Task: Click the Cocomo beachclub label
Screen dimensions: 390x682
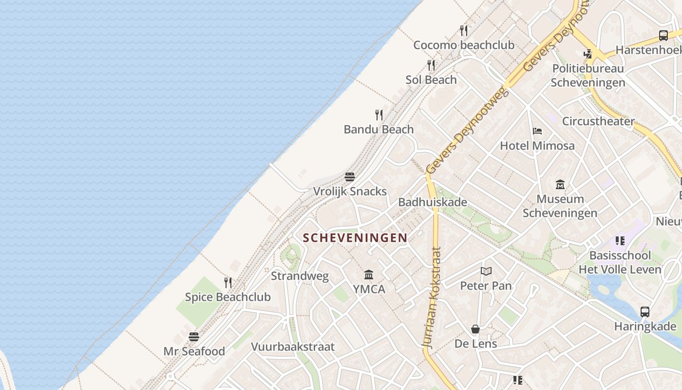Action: (x=464, y=45)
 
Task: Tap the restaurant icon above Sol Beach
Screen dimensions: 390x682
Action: (x=431, y=65)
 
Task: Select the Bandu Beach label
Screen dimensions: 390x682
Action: (x=379, y=130)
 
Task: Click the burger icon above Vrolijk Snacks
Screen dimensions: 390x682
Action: (x=350, y=176)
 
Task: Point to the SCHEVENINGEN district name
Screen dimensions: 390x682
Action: (x=355, y=238)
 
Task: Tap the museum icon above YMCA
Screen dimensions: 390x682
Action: (x=369, y=275)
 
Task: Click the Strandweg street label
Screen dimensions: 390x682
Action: (x=300, y=276)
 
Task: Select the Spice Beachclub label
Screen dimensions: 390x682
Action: (x=227, y=297)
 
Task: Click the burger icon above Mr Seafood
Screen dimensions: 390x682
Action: (x=194, y=337)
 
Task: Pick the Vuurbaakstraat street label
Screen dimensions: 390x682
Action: (x=293, y=347)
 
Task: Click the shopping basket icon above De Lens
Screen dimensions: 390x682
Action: (x=475, y=330)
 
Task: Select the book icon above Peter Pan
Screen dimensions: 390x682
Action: (x=486, y=272)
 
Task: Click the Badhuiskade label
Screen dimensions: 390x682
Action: (x=433, y=202)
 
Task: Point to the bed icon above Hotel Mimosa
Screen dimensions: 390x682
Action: (x=537, y=131)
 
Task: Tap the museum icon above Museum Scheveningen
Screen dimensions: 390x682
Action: (x=560, y=185)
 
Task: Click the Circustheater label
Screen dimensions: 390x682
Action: (x=598, y=121)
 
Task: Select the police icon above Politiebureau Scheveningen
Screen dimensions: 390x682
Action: (x=588, y=54)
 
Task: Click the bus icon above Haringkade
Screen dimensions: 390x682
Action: (x=645, y=312)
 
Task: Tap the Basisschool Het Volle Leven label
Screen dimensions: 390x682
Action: (x=620, y=262)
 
